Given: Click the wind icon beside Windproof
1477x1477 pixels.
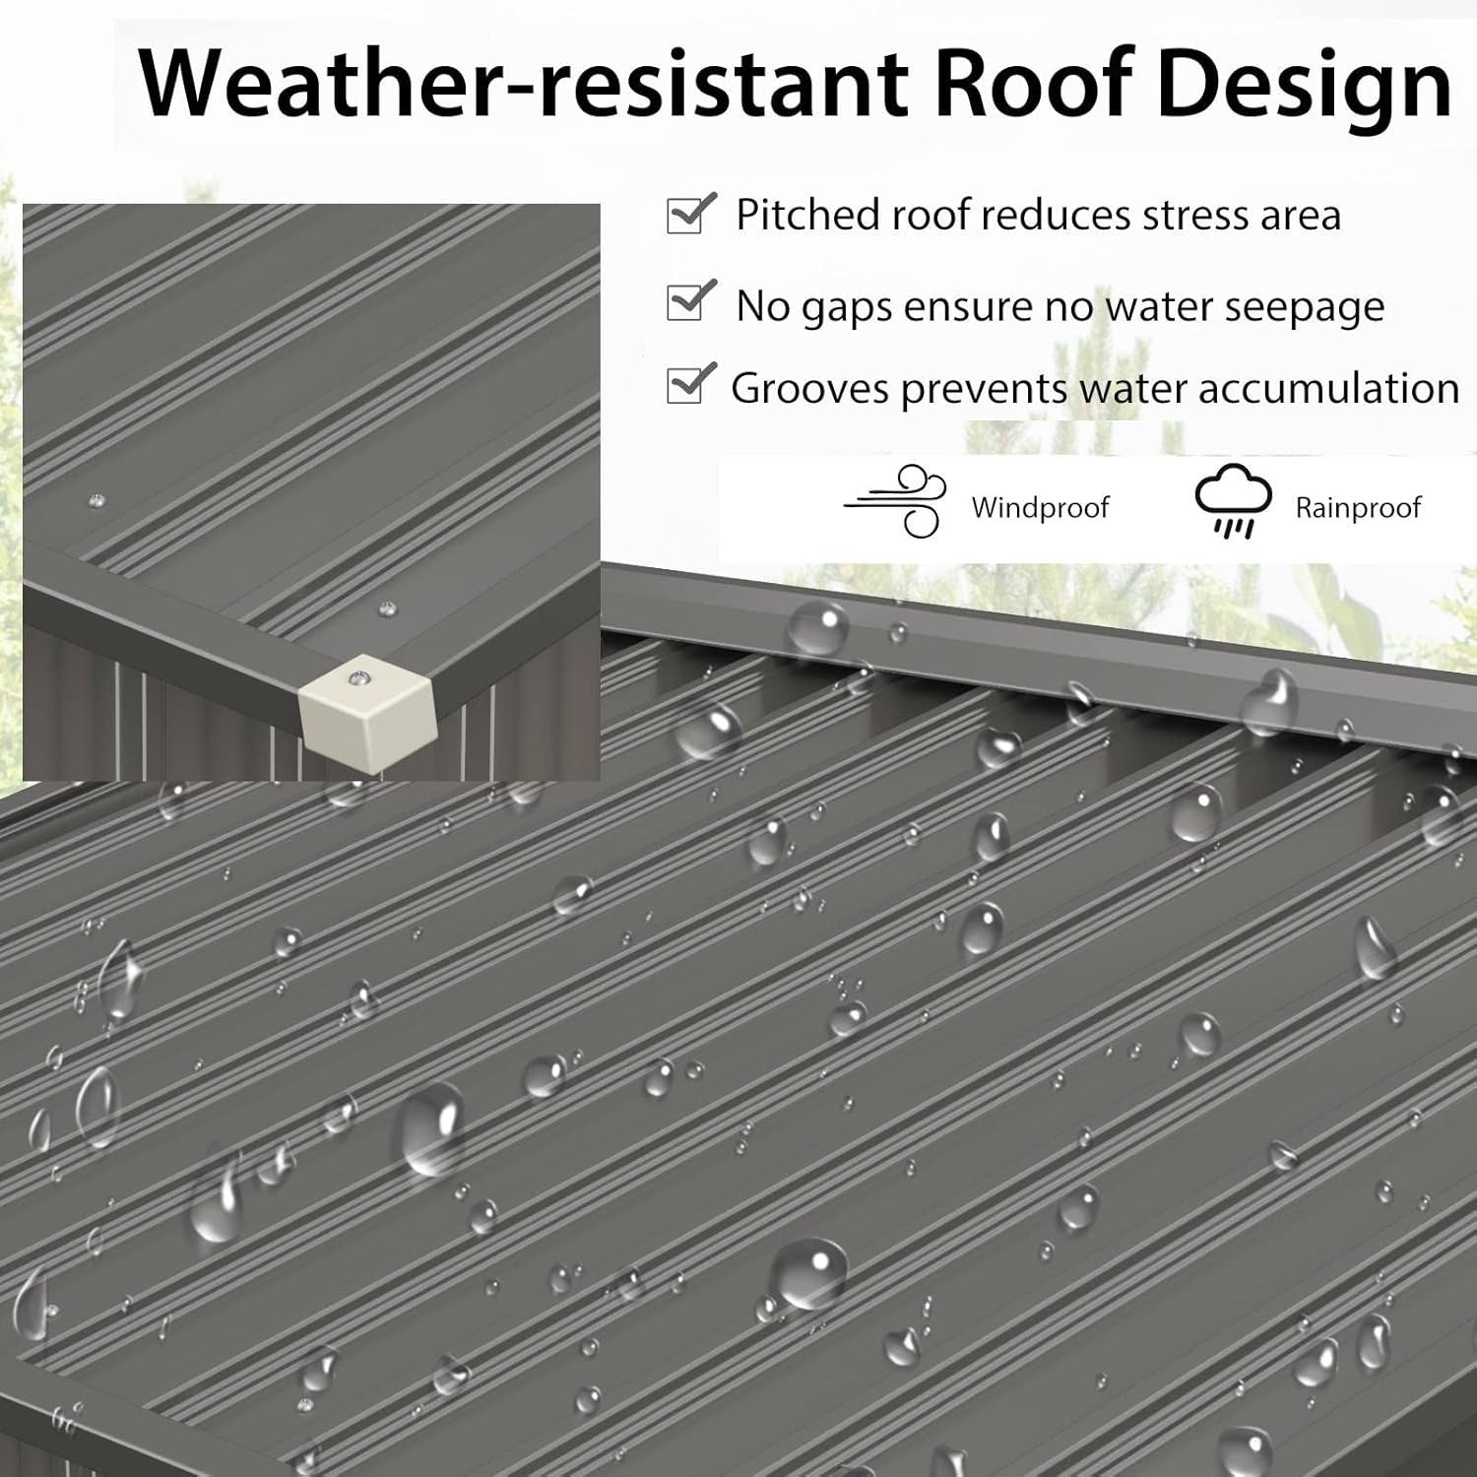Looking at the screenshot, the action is click(895, 501).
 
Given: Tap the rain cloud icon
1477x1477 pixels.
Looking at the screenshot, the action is click(1232, 502).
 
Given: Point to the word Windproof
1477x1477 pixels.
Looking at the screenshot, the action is click(1040, 508).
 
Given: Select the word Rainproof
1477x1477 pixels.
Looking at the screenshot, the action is click(1358, 508).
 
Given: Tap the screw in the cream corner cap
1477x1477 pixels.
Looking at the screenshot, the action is click(360, 678).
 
